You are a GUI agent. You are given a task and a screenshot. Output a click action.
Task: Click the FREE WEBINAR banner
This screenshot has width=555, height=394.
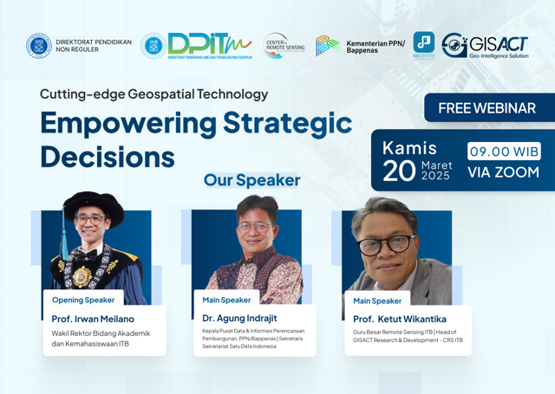tap(486, 108)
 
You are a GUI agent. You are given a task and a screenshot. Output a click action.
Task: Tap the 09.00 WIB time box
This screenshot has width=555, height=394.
tap(504, 152)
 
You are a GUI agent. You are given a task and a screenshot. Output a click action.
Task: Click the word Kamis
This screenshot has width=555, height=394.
tap(409, 147)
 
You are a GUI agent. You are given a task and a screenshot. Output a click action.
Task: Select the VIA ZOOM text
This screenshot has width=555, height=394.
tap(503, 172)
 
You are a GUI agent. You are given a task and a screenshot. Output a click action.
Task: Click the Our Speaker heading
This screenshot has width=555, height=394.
tap(251, 181)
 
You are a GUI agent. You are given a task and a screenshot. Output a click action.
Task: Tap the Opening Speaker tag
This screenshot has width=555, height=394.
tap(83, 300)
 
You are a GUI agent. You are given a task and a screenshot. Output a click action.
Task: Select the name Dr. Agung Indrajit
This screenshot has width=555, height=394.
tap(240, 318)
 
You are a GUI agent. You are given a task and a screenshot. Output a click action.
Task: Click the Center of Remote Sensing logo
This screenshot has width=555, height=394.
tap(284, 46)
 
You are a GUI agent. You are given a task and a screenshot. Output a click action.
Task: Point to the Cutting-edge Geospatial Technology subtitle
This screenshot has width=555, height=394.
tap(153, 94)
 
